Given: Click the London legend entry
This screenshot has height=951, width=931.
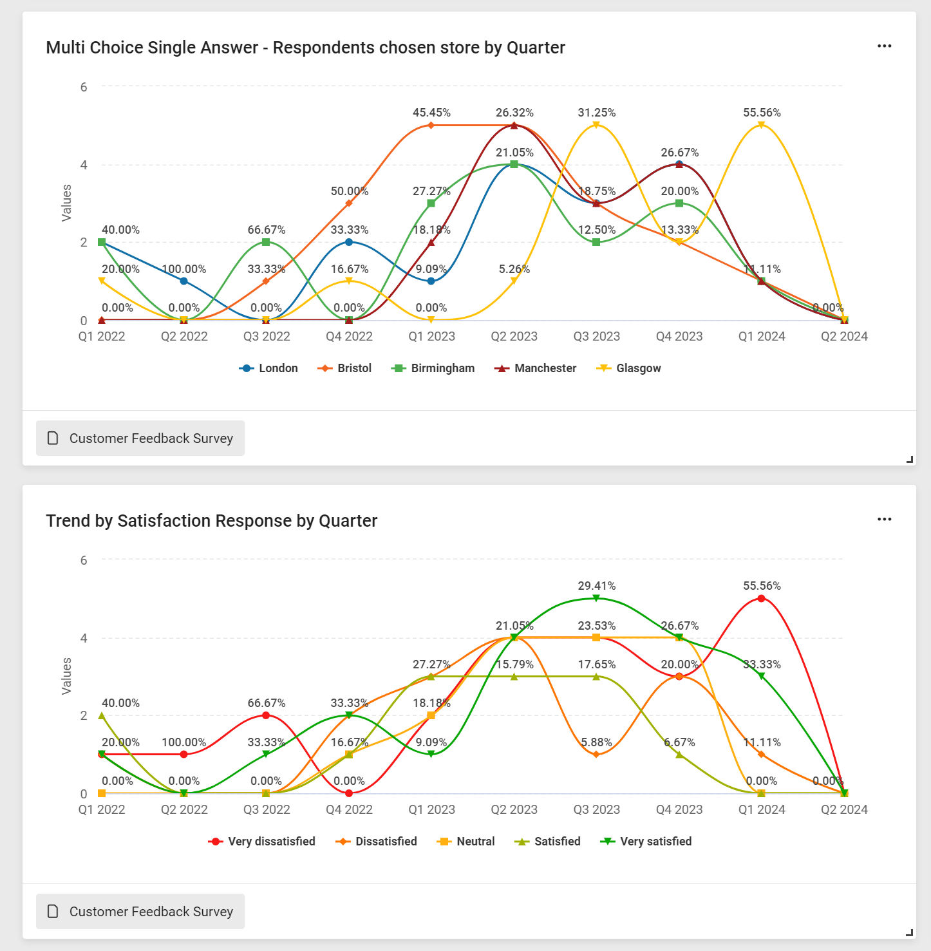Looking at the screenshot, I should [x=269, y=368].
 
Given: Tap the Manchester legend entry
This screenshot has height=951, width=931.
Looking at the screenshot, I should [x=536, y=368].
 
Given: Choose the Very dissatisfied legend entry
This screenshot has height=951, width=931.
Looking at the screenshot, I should [x=262, y=842].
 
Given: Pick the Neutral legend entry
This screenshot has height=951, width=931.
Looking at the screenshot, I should [x=466, y=842].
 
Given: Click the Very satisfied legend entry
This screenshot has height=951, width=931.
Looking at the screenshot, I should [x=646, y=842].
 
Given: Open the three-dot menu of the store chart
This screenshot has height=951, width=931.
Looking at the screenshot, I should [x=884, y=46].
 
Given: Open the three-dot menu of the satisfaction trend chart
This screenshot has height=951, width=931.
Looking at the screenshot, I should [x=884, y=520].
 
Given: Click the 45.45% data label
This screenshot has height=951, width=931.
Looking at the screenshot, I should [x=431, y=113].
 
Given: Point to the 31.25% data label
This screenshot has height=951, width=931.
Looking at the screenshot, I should [x=596, y=113].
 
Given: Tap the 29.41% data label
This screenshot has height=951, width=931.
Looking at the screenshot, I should [x=596, y=586].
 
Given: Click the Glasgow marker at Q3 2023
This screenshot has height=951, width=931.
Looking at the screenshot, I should [x=596, y=125].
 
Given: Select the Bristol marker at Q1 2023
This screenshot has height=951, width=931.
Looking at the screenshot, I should [x=431, y=125].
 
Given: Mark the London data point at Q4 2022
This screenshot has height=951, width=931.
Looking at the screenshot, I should [x=349, y=242].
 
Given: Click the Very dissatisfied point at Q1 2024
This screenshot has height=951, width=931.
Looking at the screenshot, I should [x=762, y=599].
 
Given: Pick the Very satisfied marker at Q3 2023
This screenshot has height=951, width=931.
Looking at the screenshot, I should [x=596, y=598].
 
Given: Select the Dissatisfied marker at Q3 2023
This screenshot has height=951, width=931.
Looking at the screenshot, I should [x=596, y=754].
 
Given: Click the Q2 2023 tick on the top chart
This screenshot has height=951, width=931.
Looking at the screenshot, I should [x=514, y=337].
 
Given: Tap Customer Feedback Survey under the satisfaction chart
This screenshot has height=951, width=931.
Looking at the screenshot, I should [x=140, y=912].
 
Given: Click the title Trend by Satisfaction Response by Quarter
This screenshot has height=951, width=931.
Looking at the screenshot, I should [x=211, y=521].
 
